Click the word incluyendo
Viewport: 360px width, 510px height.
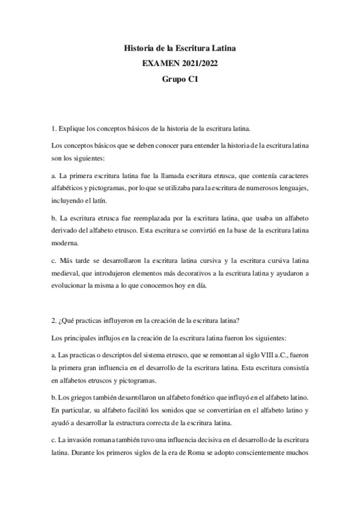point(69,201)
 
